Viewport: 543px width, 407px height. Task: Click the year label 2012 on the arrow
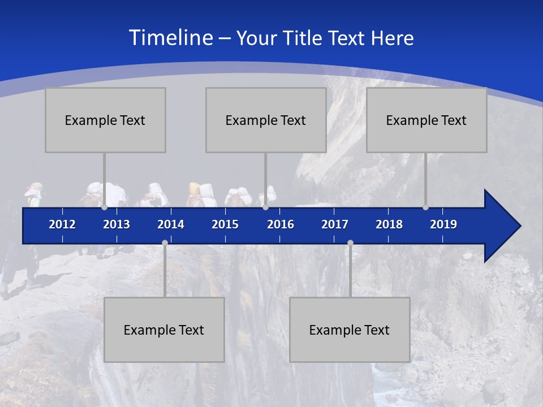click(62, 224)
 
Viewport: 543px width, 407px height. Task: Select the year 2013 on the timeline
click(117, 224)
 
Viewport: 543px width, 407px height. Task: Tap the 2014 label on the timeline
click(171, 224)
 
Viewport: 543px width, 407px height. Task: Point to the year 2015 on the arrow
click(225, 224)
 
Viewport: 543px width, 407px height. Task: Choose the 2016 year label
click(281, 224)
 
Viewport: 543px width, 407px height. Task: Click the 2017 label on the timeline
click(335, 224)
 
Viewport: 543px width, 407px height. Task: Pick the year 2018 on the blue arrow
click(389, 224)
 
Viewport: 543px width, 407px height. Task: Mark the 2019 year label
click(443, 224)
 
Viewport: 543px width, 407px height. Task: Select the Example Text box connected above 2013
click(105, 120)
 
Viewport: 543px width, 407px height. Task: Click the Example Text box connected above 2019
click(426, 120)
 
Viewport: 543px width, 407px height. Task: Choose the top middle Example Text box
click(266, 120)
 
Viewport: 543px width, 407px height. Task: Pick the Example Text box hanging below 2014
click(164, 330)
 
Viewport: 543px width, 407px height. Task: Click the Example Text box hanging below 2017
click(350, 330)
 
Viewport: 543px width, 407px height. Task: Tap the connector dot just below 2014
click(165, 243)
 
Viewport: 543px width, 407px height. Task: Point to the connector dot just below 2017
click(350, 243)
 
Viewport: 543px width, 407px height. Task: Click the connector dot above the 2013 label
click(104, 207)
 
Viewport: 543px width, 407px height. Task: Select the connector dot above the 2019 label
click(425, 207)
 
